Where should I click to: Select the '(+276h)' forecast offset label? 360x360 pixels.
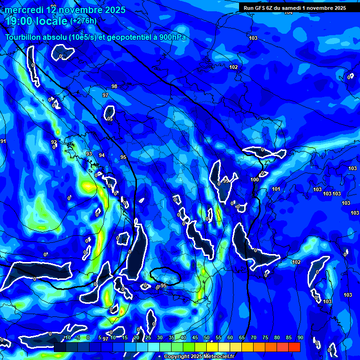[83, 21]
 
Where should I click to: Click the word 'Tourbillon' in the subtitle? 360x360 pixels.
[26, 37]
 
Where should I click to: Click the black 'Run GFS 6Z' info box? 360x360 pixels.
[295, 8]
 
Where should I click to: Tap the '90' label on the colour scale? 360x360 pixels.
[300, 337]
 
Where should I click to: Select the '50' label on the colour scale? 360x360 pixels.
[207, 337]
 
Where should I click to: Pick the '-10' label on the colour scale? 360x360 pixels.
[67, 337]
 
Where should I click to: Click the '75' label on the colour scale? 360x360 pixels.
[265, 337]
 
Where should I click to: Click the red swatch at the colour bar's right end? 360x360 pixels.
[294, 347]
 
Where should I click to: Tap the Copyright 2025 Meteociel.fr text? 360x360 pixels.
[199, 357]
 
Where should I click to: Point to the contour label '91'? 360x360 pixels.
[3, 141]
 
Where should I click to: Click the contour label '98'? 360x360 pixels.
[114, 86]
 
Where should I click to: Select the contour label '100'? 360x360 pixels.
[255, 180]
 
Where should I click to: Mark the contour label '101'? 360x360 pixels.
[276, 189]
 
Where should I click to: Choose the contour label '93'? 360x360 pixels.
[89, 154]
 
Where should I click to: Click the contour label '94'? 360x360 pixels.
[102, 155]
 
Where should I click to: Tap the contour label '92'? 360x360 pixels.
[54, 142]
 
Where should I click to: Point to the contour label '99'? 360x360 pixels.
[226, 180]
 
